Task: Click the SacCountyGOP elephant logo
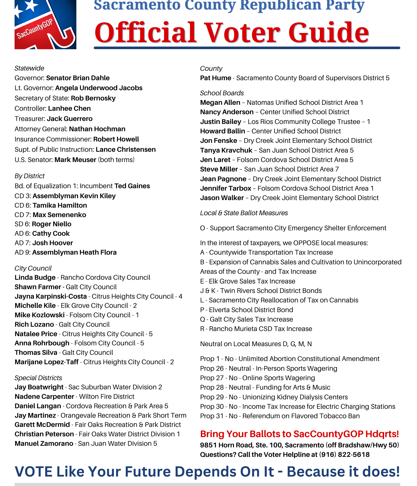click(x=45, y=25)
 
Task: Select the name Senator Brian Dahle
click(x=78, y=78)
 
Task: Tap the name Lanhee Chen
click(x=69, y=109)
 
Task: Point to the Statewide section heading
click(x=29, y=68)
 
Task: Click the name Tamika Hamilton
click(x=60, y=205)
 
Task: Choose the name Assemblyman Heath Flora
click(x=74, y=252)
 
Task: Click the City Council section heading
click(x=33, y=268)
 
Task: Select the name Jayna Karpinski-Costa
click(x=51, y=296)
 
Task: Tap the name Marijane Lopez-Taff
click(x=46, y=362)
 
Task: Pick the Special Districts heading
click(x=38, y=378)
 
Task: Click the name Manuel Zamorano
click(x=44, y=444)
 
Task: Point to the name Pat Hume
click(x=215, y=78)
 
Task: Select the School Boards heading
click(x=222, y=93)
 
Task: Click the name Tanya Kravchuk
click(x=226, y=150)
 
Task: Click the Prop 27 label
click(x=212, y=378)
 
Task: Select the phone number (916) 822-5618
click(x=344, y=455)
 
